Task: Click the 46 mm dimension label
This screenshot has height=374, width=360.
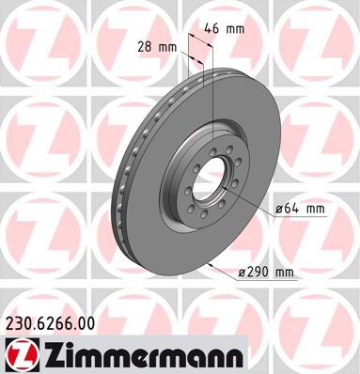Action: pos(224,29)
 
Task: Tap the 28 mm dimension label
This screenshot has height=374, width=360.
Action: pos(157,47)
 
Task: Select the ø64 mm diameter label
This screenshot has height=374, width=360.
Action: pos(300,209)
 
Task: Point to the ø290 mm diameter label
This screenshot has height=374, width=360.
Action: pos(266,273)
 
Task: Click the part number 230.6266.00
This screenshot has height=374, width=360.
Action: pos(50,323)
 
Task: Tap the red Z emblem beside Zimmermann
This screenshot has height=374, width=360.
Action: pos(22,355)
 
